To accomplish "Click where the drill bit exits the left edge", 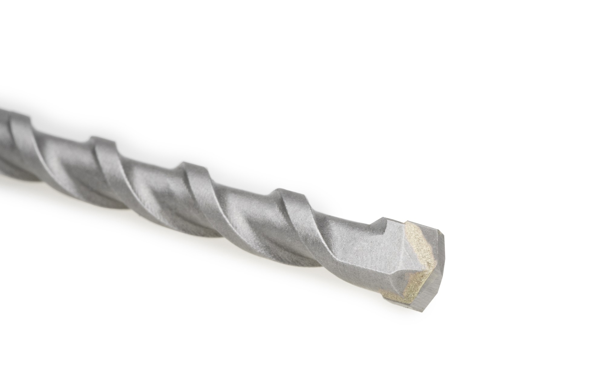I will (x=2, y=136).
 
